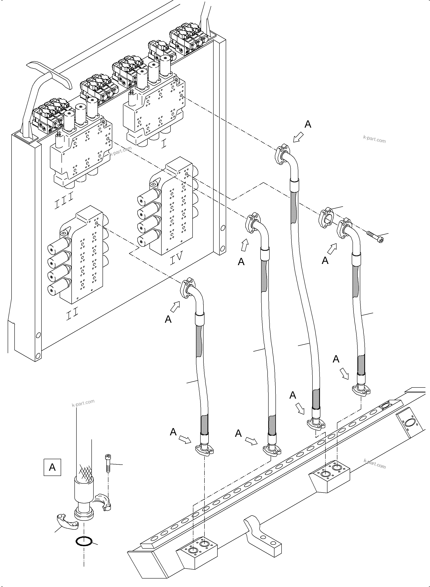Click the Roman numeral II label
coord(72,315)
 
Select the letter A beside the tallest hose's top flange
coord(308,124)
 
